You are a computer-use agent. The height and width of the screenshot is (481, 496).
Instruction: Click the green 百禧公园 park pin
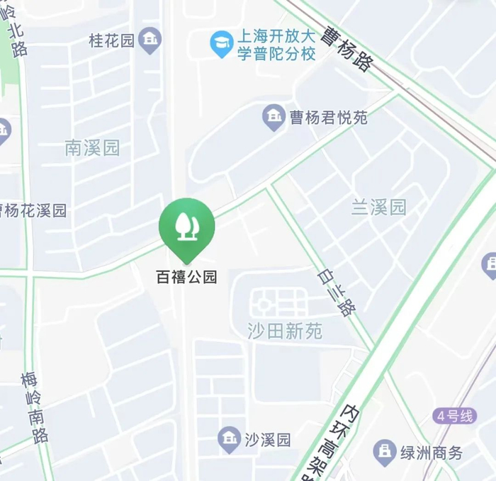(186, 225)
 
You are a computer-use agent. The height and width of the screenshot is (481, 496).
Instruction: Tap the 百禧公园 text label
(186, 277)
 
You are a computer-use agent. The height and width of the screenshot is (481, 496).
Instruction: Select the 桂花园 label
(111, 40)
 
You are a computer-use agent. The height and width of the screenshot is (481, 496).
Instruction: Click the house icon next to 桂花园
(150, 39)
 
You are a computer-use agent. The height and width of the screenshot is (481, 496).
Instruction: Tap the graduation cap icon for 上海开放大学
(222, 44)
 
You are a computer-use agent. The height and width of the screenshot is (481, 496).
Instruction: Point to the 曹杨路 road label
(345, 48)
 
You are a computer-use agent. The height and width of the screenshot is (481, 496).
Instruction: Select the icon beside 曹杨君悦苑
(273, 117)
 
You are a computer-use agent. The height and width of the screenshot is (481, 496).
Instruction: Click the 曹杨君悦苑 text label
(328, 118)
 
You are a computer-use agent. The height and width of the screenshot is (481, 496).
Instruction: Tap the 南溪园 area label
(92, 148)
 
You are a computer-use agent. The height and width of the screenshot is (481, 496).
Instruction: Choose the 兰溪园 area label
(379, 207)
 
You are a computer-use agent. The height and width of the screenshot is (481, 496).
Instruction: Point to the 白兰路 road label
(337, 292)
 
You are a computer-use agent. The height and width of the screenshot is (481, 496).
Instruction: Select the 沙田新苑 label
(284, 330)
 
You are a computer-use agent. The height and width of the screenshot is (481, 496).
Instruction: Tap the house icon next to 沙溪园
(228, 439)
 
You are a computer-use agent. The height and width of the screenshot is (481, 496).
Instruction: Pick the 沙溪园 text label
(267, 440)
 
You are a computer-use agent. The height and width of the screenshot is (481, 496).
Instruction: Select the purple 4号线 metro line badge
(454, 416)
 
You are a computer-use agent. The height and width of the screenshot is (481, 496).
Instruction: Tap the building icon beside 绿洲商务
(385, 451)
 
